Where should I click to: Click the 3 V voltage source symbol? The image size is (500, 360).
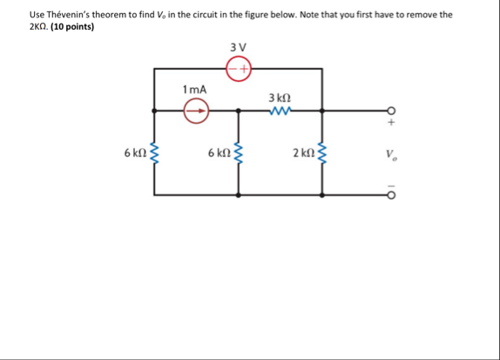click(x=238, y=68)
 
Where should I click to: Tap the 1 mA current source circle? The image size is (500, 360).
click(x=196, y=111)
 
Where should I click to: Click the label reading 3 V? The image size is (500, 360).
click(x=238, y=47)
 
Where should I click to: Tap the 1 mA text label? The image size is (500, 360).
click(x=194, y=89)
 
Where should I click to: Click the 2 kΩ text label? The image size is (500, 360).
click(x=303, y=153)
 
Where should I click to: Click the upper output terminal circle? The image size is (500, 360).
click(x=391, y=111)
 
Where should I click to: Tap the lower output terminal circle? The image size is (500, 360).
click(x=391, y=195)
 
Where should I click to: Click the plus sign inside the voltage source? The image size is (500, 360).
click(x=245, y=68)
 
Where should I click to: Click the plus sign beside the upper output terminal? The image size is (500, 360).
click(x=391, y=123)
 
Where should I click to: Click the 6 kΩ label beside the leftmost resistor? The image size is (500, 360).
click(x=135, y=153)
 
